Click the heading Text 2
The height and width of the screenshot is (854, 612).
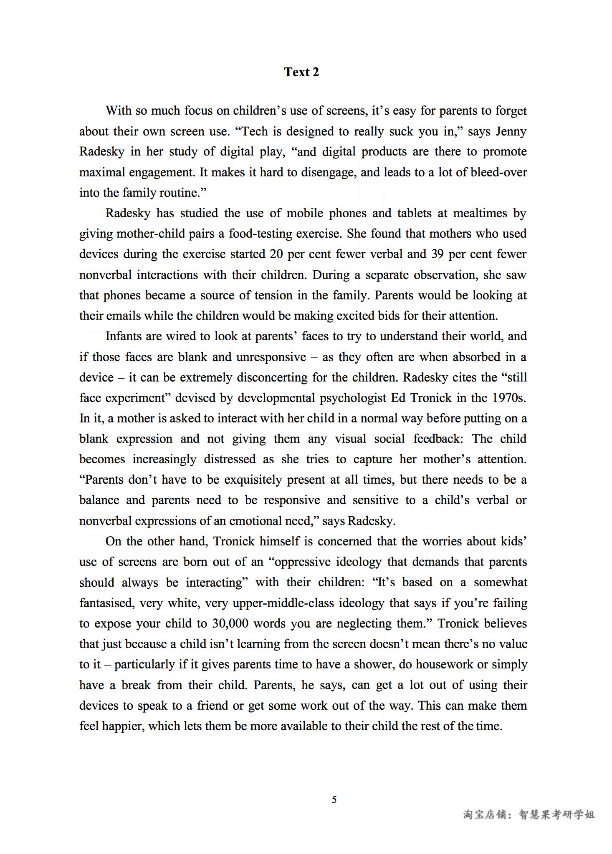(x=301, y=72)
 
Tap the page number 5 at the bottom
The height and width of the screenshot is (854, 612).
(x=334, y=800)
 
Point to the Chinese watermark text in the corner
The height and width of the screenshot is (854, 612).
(x=529, y=814)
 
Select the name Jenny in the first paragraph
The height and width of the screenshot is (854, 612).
(x=511, y=131)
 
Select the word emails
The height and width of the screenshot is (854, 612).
(x=124, y=316)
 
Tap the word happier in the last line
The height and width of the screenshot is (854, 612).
(x=123, y=726)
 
